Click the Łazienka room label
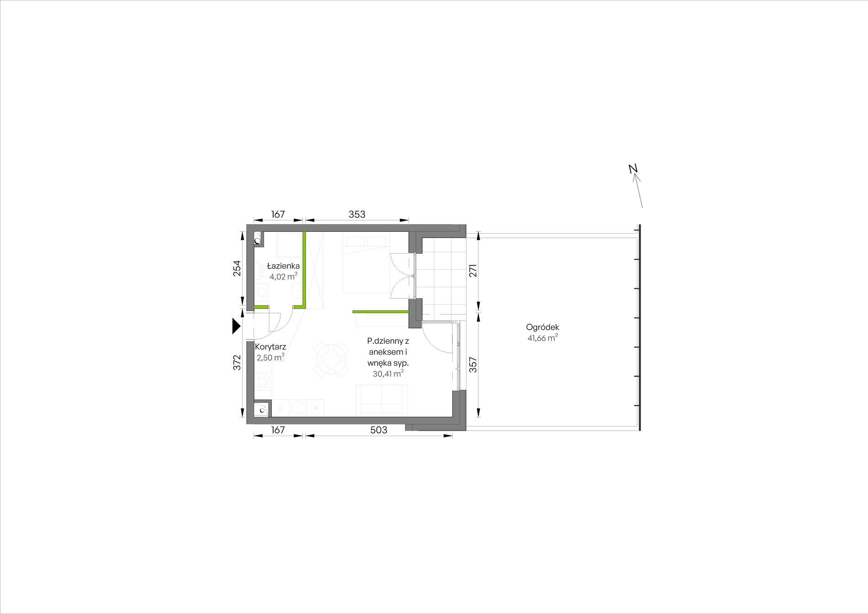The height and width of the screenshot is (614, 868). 283,266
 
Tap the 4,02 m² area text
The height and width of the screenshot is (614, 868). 283,276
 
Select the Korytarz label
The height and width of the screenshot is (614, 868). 270,347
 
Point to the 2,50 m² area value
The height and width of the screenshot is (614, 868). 270,358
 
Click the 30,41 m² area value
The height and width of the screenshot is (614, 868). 388,374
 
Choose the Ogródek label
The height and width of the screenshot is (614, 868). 543,327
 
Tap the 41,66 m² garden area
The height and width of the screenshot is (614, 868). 543,338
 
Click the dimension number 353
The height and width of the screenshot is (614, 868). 357,214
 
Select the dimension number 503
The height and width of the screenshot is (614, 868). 379,430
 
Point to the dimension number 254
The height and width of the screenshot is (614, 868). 237,268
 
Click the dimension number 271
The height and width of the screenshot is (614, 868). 473,270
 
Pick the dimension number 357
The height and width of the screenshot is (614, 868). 473,364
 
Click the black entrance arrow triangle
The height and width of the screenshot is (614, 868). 236,326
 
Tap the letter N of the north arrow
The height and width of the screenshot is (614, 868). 633,169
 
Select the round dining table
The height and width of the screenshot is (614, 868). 330,359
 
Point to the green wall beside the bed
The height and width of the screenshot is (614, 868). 380,312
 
